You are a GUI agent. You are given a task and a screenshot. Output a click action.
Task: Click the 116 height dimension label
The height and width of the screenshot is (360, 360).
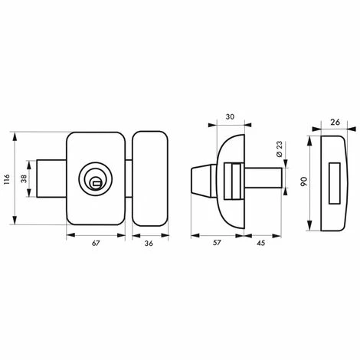click(x=7, y=179)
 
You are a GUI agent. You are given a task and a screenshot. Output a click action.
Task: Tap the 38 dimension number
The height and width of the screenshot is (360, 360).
click(x=24, y=178)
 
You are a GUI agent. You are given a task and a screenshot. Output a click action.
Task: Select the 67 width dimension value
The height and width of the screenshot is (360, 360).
click(x=95, y=244)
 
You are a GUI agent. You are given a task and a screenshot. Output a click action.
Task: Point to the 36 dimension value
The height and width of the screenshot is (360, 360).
click(x=149, y=244)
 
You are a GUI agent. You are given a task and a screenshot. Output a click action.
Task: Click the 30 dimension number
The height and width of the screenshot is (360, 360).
click(x=230, y=117)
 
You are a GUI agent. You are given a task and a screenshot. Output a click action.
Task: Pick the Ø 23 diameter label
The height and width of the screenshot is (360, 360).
click(x=280, y=149)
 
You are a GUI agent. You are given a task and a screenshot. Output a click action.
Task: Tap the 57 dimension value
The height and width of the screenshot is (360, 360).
click(x=217, y=243)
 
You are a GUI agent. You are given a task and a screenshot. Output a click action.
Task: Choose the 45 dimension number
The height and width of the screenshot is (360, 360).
click(x=260, y=243)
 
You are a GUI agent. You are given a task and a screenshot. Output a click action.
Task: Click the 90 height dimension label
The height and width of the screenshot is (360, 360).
click(x=304, y=182)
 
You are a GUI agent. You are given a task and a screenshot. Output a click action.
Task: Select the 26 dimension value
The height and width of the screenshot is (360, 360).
click(x=335, y=123)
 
